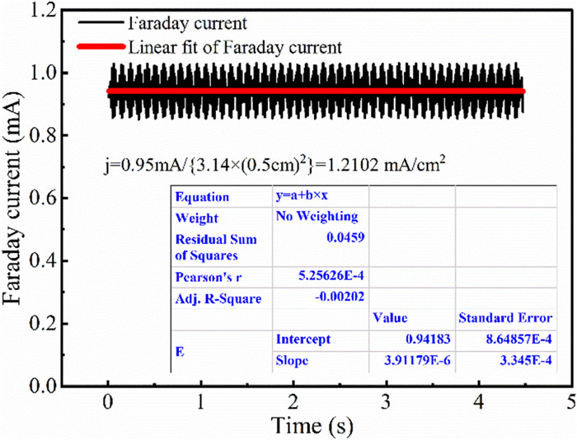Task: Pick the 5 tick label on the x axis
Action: pyautogui.click(x=570, y=401)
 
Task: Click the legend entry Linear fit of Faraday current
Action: pyautogui.click(x=235, y=46)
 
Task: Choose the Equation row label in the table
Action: pyautogui.click(x=200, y=198)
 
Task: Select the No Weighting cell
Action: pyautogui.click(x=317, y=217)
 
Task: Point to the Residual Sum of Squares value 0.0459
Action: pyautogui.click(x=348, y=237)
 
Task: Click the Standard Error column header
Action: pyautogui.click(x=504, y=317)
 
